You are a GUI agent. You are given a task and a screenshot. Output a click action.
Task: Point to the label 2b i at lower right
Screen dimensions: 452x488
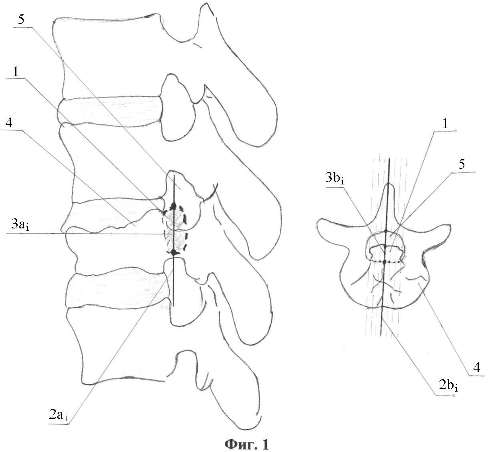(446, 386)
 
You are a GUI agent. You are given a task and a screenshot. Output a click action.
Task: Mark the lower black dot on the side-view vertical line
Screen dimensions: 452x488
(173, 252)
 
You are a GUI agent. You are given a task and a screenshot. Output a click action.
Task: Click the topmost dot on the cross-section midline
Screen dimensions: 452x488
(386, 231)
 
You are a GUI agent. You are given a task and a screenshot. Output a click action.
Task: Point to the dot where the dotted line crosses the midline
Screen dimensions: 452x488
(385, 262)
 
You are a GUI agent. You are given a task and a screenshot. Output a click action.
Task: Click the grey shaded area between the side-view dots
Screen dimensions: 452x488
(175, 230)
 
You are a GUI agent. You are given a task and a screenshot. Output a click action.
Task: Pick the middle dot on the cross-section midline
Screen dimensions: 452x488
(385, 246)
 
